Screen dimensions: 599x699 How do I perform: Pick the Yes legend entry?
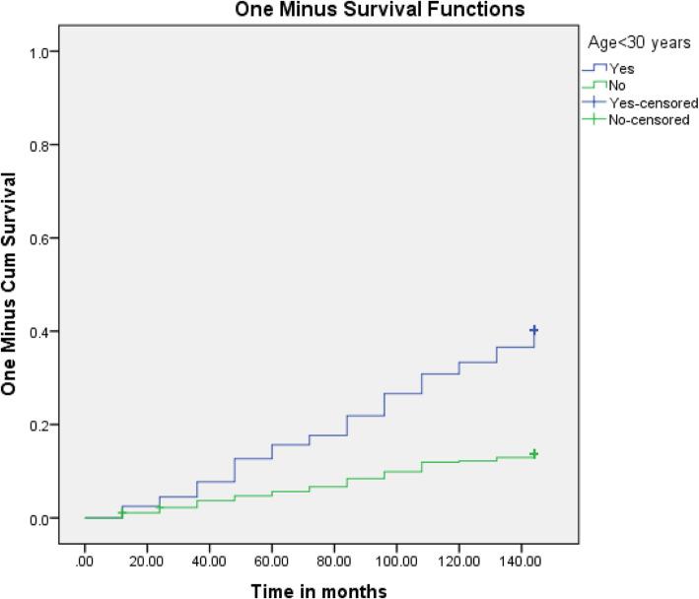coord(622,69)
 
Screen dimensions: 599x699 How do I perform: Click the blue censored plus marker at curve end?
coord(534,330)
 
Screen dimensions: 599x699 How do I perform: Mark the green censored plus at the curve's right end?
coord(534,454)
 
